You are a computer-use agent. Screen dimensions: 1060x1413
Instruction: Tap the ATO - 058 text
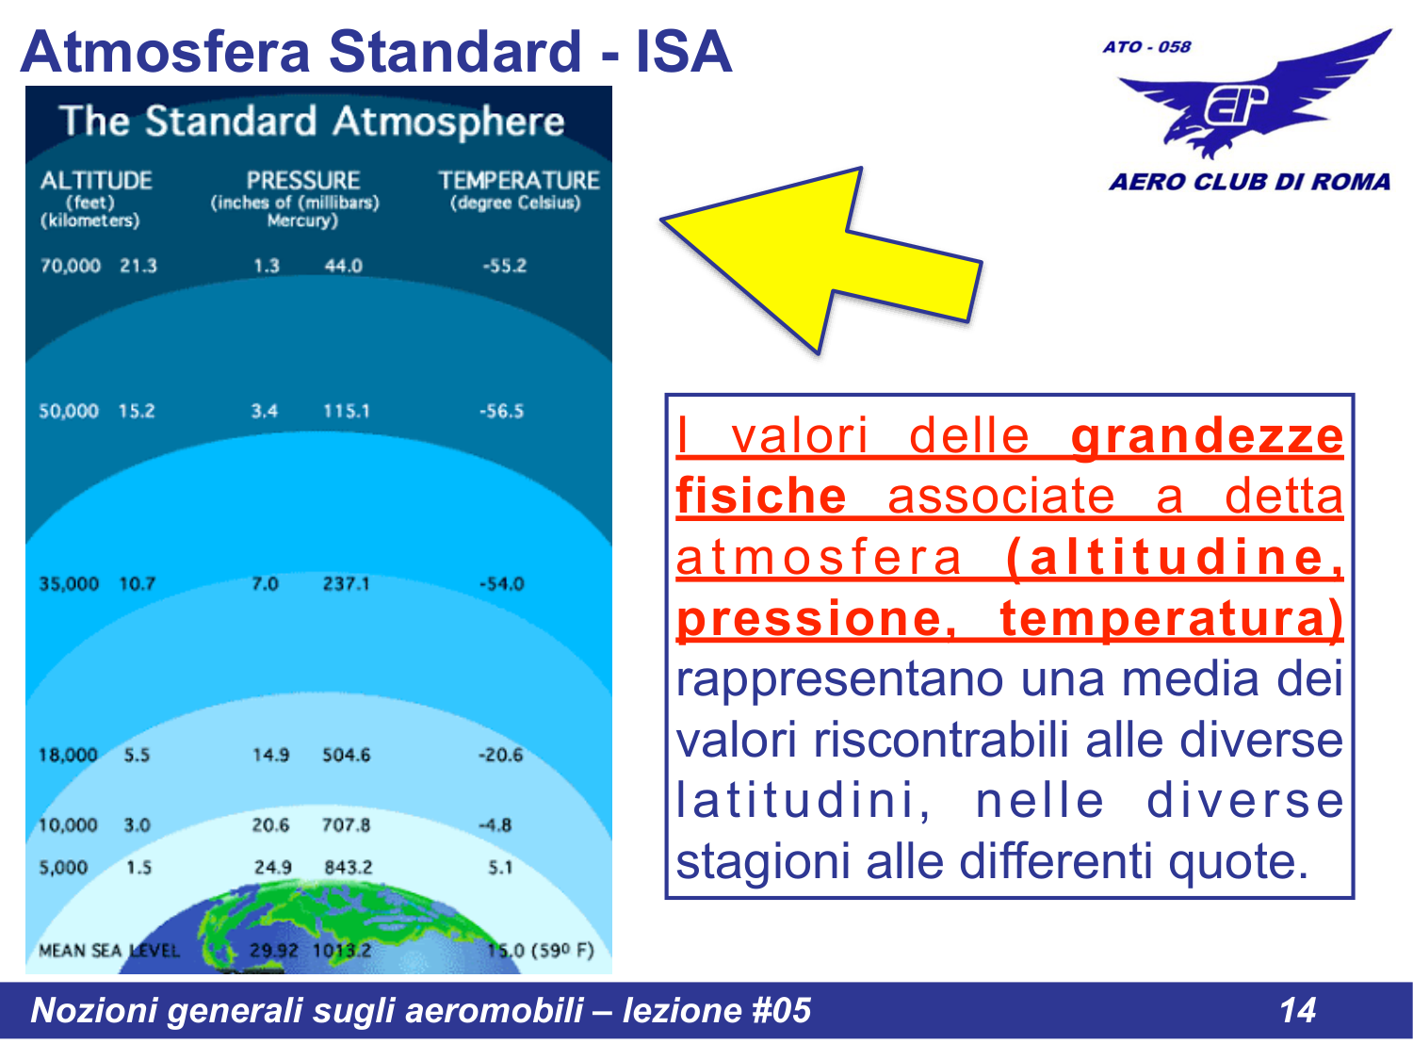pyautogui.click(x=1146, y=47)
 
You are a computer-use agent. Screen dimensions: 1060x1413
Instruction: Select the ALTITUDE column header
pyautogui.click(x=95, y=180)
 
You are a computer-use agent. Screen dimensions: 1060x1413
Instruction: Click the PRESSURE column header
pyautogui.click(x=302, y=180)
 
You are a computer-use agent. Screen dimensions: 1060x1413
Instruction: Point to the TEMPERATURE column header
pyautogui.click(x=518, y=180)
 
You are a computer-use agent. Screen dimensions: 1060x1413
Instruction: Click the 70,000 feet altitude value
pyautogui.click(x=70, y=266)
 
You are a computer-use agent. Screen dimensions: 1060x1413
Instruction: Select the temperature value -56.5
pyautogui.click(x=501, y=412)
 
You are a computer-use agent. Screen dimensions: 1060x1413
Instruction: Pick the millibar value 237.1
pyautogui.click(x=346, y=584)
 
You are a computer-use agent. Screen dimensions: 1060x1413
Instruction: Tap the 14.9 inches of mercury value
pyautogui.click(x=270, y=756)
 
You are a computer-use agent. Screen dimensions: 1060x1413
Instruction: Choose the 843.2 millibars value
pyautogui.click(x=348, y=868)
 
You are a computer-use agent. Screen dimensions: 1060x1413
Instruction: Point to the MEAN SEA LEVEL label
pyautogui.click(x=108, y=951)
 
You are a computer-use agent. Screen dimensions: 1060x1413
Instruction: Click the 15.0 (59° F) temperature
pyautogui.click(x=541, y=951)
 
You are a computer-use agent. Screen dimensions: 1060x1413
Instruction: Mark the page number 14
pyautogui.click(x=1296, y=1010)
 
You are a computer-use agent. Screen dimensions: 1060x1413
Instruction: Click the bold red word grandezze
pyautogui.click(x=1207, y=436)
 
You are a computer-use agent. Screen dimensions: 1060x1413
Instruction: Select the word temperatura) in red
pyautogui.click(x=1171, y=619)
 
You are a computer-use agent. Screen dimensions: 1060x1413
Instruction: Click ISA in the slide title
pyautogui.click(x=683, y=52)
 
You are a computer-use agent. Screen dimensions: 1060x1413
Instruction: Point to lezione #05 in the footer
pyautogui.click(x=716, y=1010)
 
